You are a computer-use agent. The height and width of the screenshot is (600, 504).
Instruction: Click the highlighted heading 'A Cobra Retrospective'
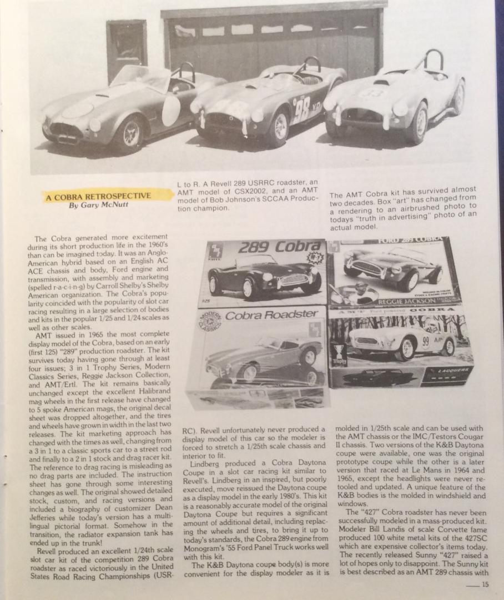click(x=98, y=196)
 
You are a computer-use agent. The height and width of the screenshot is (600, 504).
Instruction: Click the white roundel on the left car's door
click(x=171, y=110)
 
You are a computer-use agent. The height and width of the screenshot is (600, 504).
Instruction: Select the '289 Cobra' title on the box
click(x=280, y=248)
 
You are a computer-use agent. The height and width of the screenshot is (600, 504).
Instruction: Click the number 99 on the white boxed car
click(x=426, y=342)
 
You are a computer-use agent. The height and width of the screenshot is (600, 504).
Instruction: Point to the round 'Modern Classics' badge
click(x=212, y=322)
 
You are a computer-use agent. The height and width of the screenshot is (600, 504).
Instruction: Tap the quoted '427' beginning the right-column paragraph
click(x=360, y=512)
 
